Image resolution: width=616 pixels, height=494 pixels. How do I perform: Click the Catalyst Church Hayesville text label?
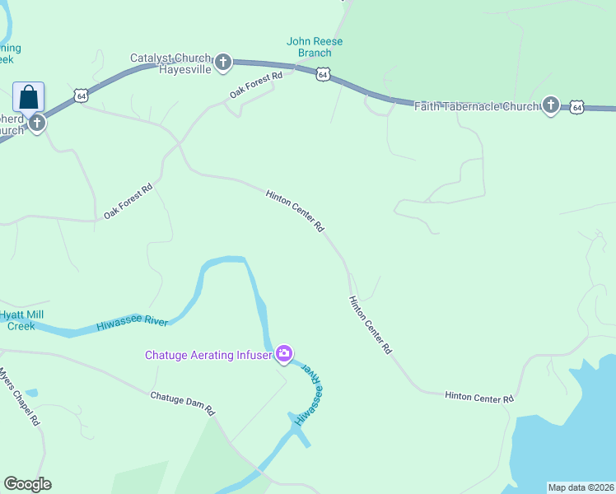point(171,63)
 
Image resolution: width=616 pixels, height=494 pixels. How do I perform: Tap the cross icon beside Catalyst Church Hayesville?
point(222,62)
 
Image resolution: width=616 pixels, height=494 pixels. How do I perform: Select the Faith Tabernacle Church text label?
point(476,105)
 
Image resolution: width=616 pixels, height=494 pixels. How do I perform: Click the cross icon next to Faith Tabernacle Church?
point(551,105)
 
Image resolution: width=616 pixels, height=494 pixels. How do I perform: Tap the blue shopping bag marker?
point(29,96)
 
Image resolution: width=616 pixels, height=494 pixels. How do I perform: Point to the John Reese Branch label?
point(315,47)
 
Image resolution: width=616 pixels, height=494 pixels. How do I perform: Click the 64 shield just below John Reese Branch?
point(323,74)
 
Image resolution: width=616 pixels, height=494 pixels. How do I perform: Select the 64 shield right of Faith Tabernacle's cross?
point(576,107)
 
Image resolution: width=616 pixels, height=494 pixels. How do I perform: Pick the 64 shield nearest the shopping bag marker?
point(81,96)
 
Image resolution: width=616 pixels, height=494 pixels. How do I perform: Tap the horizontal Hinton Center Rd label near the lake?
point(479,397)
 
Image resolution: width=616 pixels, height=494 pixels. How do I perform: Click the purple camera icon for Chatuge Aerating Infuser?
point(284,354)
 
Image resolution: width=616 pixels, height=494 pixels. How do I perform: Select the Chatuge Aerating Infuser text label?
point(208,355)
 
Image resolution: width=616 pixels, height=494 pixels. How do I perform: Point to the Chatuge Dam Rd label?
point(182,403)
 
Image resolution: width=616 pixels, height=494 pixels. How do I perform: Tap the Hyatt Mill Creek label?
point(21,320)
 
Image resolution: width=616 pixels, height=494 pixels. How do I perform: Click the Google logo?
point(27,484)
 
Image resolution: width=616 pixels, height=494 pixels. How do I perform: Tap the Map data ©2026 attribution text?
point(581,487)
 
